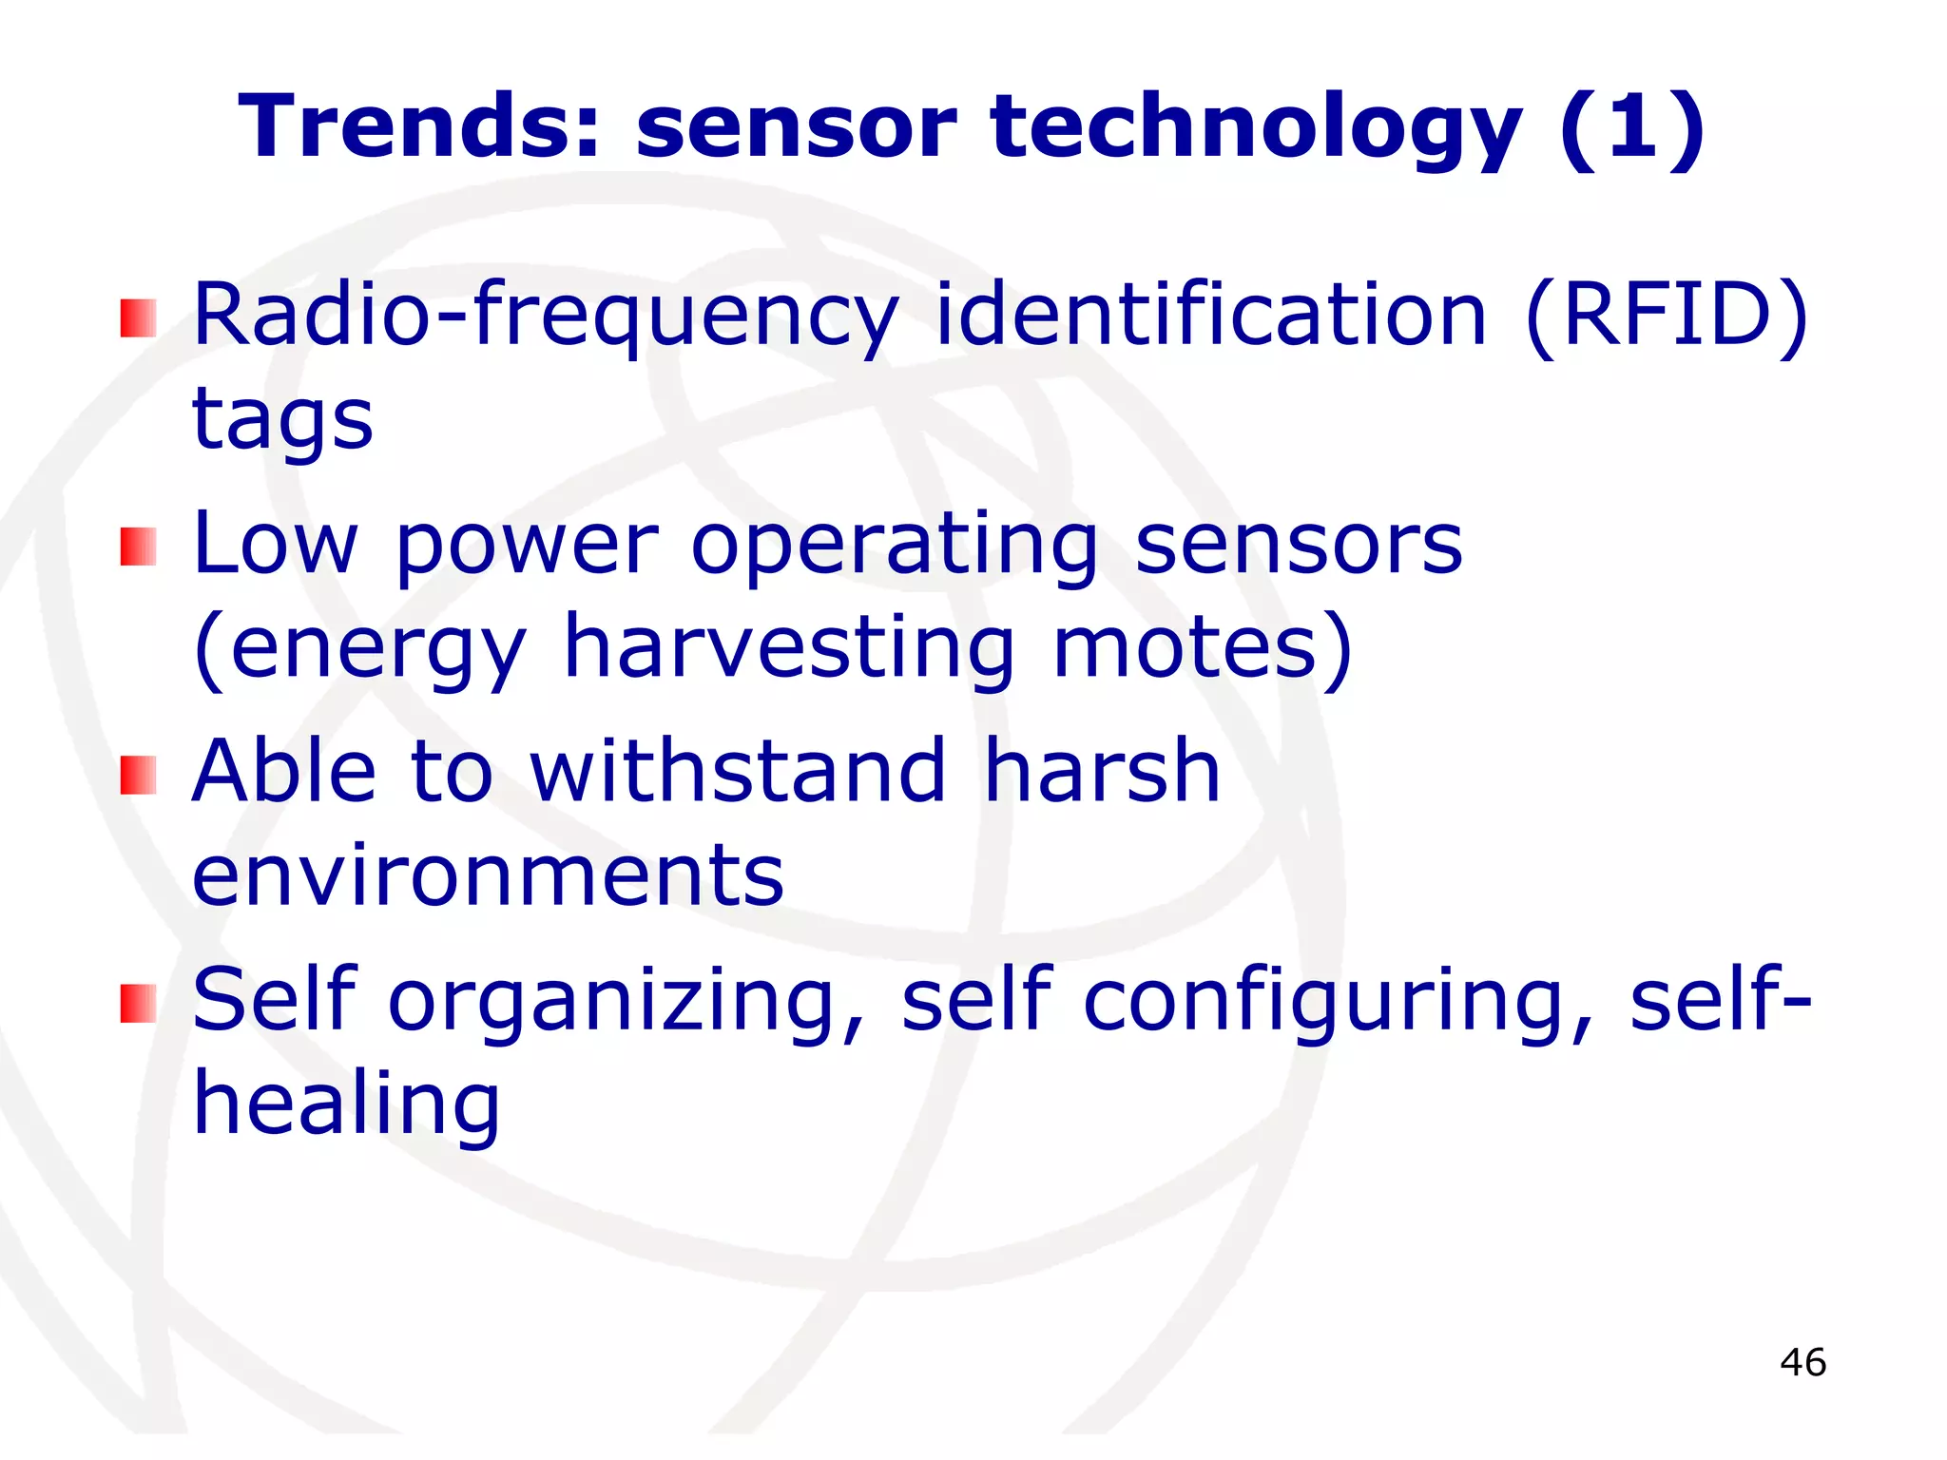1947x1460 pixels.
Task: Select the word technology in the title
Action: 1256,127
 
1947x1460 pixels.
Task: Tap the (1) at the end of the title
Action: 1631,127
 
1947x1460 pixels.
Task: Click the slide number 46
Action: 1802,1362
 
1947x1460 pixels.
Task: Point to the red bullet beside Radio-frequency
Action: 139,318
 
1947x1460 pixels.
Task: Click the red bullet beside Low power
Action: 139,547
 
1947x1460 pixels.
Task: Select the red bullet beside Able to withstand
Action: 139,775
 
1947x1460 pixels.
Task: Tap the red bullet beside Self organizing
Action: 139,1004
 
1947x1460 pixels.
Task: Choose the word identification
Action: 1211,314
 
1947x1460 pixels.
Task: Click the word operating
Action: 895,546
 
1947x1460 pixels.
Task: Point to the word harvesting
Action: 789,648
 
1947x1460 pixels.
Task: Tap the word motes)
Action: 1204,648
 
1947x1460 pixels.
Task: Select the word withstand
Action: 738,771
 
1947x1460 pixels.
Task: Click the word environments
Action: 488,875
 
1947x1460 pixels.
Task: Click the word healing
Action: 346,1105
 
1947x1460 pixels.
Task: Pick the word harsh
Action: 1102,771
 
